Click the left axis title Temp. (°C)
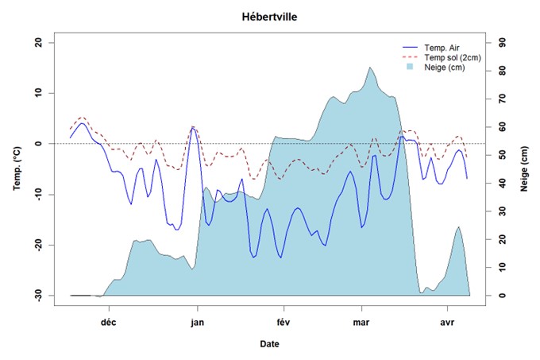pos(17,169)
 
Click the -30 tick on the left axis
pos(37,295)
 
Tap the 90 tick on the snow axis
pos(501,43)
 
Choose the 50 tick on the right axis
pos(501,155)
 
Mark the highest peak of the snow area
pos(370,68)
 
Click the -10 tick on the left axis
pos(37,194)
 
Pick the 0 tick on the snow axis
pos(499,295)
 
